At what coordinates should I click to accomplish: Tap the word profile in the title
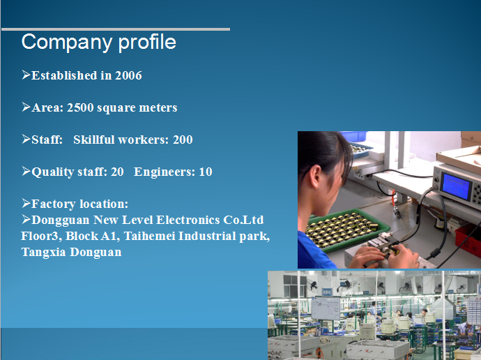pyautogui.click(x=147, y=43)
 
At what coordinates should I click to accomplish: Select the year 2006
pyautogui.click(x=128, y=75)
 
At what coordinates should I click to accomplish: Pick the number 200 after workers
pyautogui.click(x=183, y=140)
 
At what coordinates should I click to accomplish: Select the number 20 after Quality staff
pyautogui.click(x=117, y=172)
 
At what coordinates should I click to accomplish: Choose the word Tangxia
pyautogui.click(x=43, y=253)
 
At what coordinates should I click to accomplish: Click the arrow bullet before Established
pyautogui.click(x=26, y=75)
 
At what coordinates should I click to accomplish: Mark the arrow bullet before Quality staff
pyautogui.click(x=26, y=171)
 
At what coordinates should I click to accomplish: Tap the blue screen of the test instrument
pyautogui.click(x=457, y=186)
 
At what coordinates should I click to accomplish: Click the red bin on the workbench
pyautogui.click(x=468, y=240)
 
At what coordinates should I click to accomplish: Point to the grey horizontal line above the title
pyautogui.click(x=116, y=29)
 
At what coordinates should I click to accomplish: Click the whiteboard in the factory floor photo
pyautogui.click(x=326, y=308)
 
